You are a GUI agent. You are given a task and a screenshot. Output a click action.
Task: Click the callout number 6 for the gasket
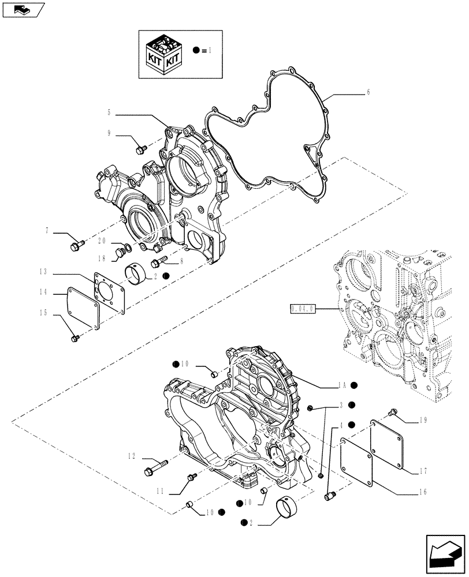(x=368, y=92)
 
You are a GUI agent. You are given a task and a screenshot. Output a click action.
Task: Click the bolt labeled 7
(x=76, y=247)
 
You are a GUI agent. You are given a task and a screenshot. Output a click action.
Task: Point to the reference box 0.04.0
(x=303, y=309)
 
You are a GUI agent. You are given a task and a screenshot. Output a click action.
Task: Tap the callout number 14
(x=43, y=293)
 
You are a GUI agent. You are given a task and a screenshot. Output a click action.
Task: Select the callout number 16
(x=423, y=492)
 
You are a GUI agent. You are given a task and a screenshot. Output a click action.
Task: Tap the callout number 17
(x=423, y=470)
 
